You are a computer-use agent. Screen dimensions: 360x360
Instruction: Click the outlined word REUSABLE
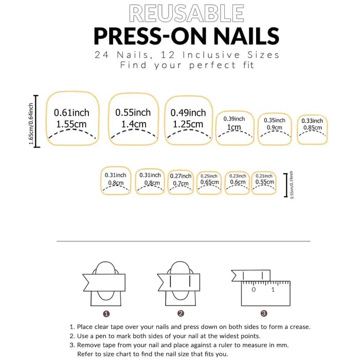186,13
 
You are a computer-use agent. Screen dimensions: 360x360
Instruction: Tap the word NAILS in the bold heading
246,36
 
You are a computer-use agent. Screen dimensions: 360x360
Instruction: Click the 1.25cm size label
188,124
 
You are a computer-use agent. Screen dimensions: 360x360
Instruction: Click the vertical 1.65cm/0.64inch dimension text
31,124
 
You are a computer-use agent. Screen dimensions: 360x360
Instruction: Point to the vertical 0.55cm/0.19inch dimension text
292,185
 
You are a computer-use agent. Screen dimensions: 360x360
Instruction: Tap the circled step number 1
106,314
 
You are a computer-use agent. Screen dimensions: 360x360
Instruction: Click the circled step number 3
264,313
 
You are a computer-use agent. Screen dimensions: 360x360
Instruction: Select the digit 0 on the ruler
254,290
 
